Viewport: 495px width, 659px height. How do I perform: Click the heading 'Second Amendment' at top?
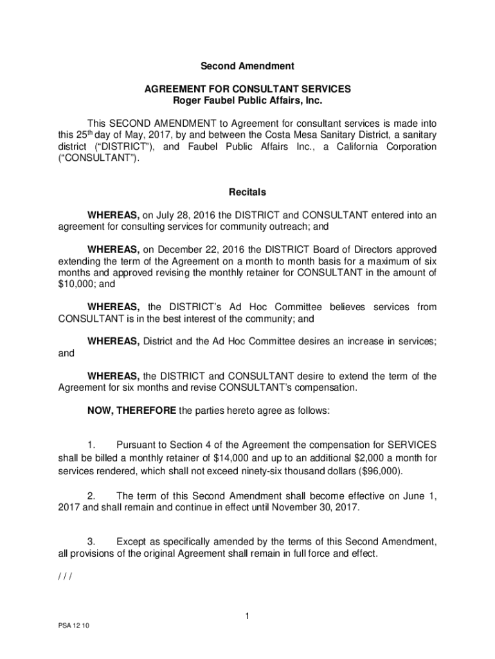[x=248, y=66]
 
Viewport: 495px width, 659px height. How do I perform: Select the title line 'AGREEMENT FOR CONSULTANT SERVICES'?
[x=248, y=89]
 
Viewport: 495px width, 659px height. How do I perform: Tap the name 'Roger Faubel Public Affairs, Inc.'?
[x=248, y=101]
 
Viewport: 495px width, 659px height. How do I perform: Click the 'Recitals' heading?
[x=248, y=192]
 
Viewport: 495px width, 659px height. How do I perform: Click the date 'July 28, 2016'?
[x=183, y=215]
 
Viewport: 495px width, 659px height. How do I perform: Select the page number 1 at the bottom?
[x=247, y=617]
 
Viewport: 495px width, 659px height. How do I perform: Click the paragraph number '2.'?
[x=92, y=496]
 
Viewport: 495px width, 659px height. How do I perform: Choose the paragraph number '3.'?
[x=92, y=541]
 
